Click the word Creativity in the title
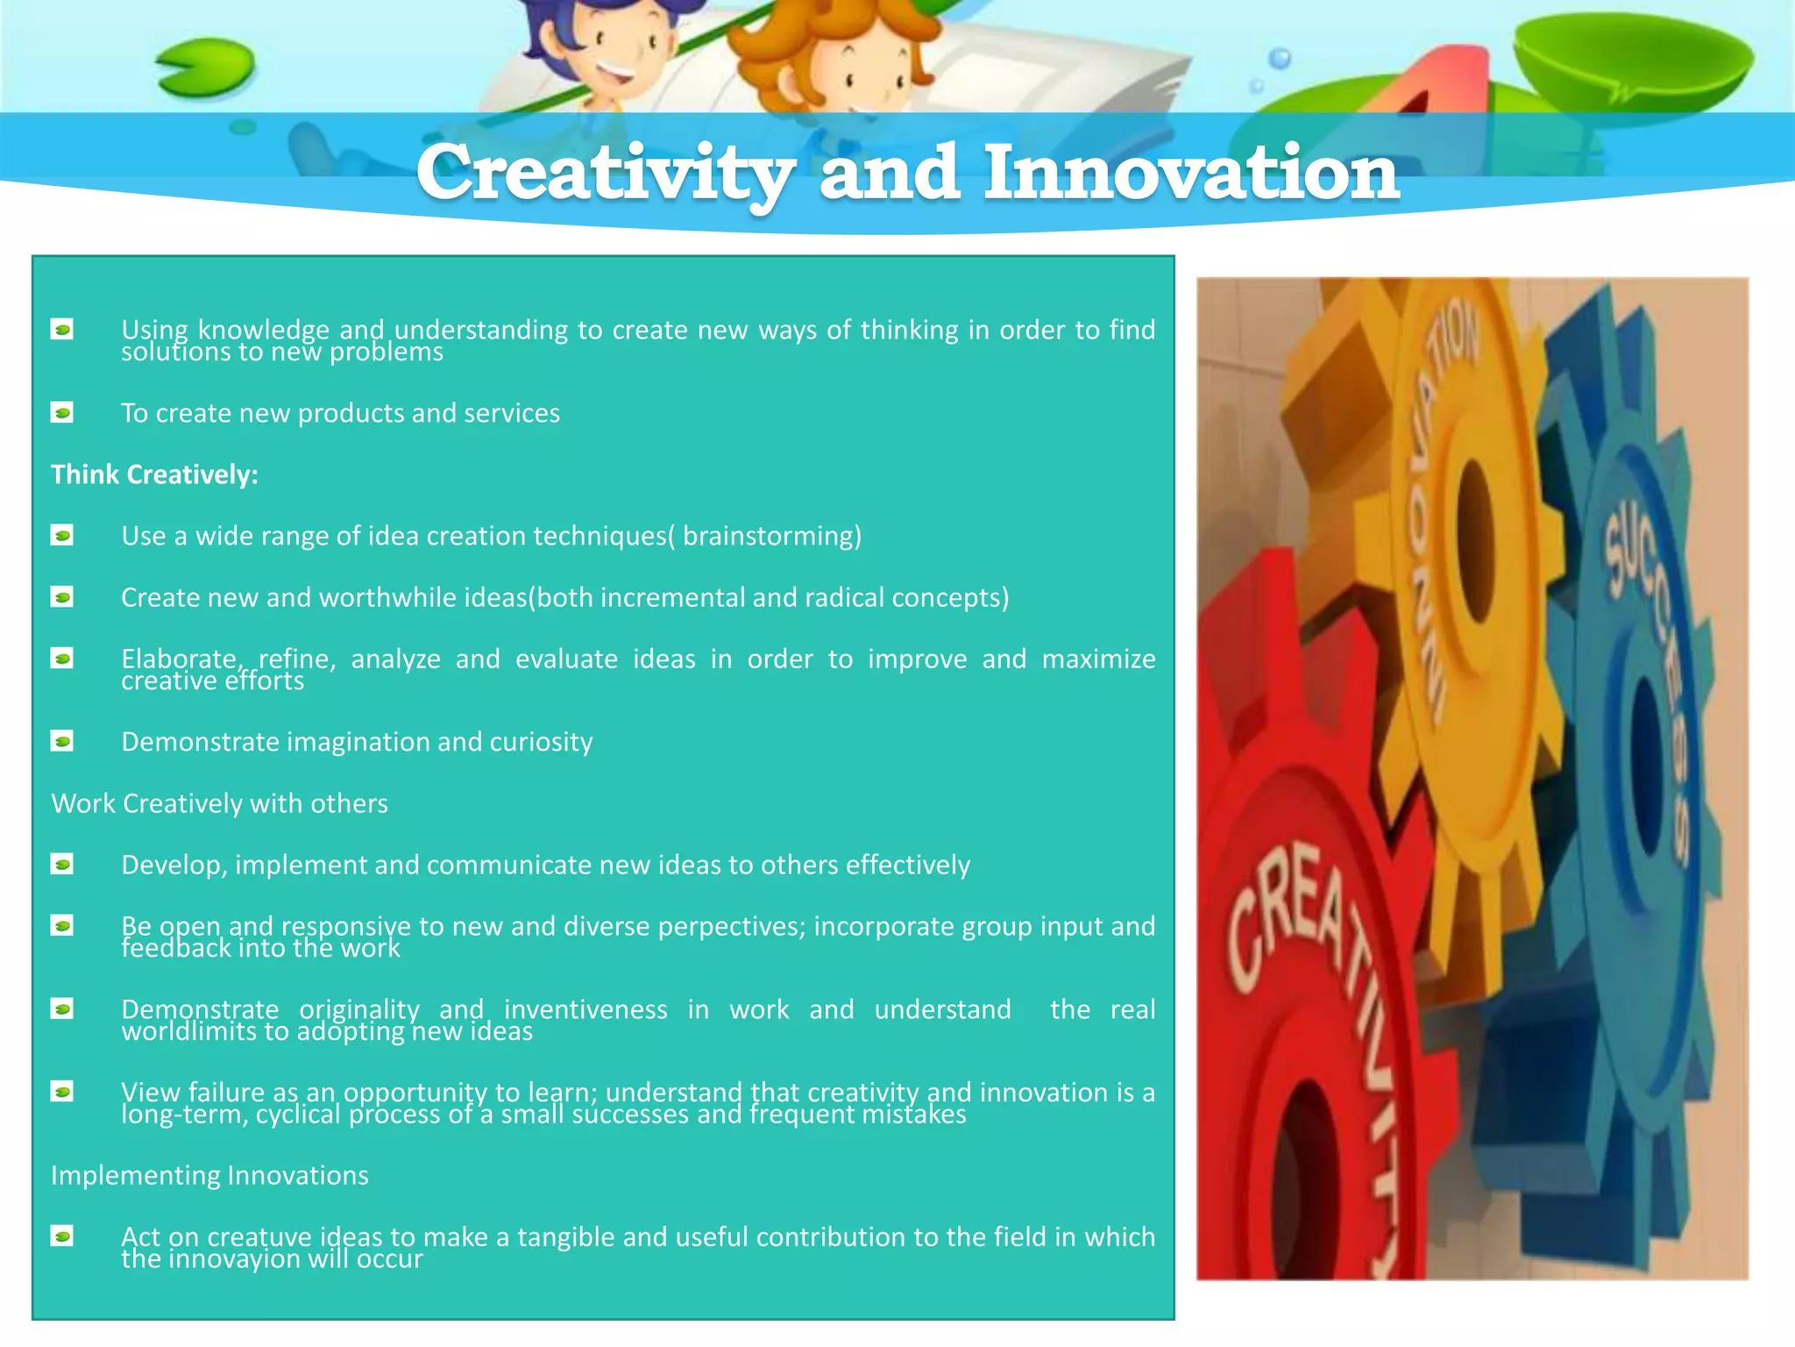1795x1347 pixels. click(605, 173)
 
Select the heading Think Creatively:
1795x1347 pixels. click(154, 474)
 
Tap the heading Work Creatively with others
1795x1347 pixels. click(219, 803)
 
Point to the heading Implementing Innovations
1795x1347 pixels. click(209, 1175)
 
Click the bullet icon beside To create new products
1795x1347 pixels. click(62, 412)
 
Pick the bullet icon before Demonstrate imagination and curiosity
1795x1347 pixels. click(62, 742)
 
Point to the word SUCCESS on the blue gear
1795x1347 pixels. click(1648, 666)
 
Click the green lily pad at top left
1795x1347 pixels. click(207, 68)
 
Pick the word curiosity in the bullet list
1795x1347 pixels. click(541, 742)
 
